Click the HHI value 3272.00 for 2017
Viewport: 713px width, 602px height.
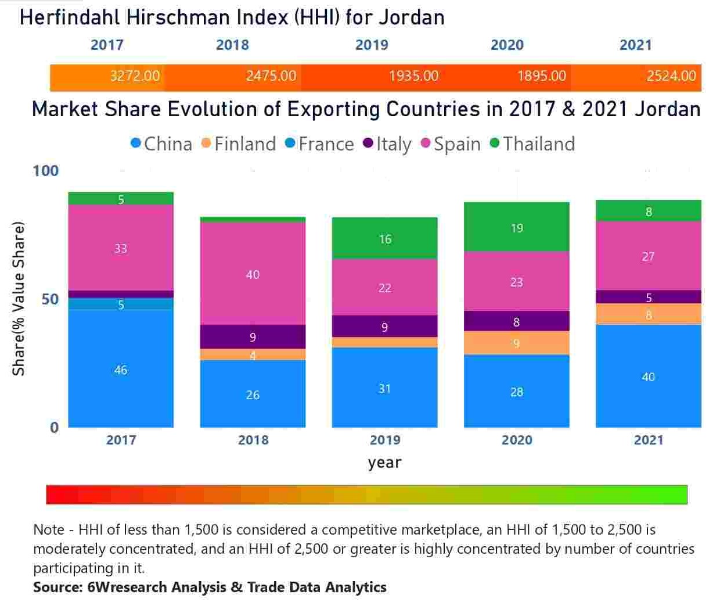(135, 76)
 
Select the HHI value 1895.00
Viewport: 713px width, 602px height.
(541, 76)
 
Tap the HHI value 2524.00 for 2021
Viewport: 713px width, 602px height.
(671, 76)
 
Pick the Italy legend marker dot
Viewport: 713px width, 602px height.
(368, 143)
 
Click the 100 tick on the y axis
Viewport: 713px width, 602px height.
(46, 171)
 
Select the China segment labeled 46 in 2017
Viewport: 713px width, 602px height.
(121, 370)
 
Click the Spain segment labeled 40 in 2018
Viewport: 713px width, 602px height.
(253, 274)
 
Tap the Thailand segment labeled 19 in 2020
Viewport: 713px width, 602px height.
(517, 228)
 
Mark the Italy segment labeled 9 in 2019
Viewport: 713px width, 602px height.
(384, 327)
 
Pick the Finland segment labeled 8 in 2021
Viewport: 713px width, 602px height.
(649, 314)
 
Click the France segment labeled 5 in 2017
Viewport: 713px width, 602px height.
(121, 304)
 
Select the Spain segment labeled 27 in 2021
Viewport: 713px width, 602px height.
(649, 256)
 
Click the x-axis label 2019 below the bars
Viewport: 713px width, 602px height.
(384, 440)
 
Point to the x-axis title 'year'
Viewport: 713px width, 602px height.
(384, 463)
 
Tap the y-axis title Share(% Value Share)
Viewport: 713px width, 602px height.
(19, 299)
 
